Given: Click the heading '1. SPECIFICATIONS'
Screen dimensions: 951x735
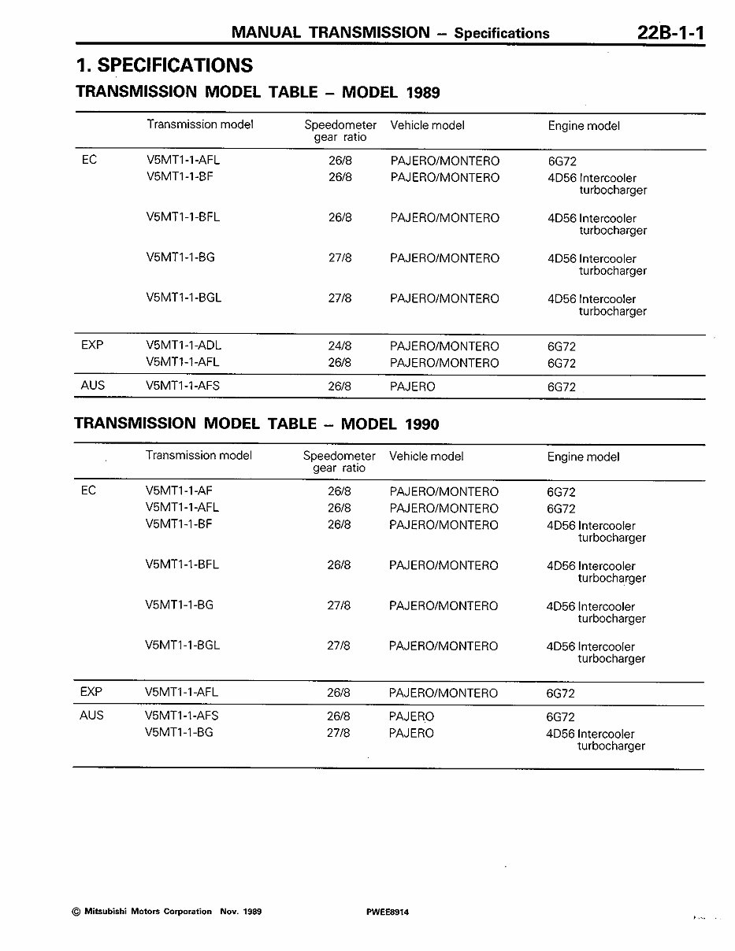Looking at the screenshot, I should pyautogui.click(x=164, y=65).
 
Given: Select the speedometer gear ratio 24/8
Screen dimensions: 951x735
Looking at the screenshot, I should pyautogui.click(x=340, y=346).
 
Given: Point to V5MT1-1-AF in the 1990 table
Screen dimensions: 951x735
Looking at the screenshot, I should pyautogui.click(x=179, y=491).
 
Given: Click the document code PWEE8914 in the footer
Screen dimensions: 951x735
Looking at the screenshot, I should pyautogui.click(x=388, y=912).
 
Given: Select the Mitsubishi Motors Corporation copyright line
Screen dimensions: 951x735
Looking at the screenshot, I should pyautogui.click(x=166, y=912).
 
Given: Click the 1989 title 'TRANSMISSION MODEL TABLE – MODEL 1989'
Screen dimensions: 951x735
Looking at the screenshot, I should pyautogui.click(x=257, y=92).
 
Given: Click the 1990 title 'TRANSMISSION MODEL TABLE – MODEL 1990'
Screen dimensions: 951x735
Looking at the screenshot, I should pyautogui.click(x=256, y=424).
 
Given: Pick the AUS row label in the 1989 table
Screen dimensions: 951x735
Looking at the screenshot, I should pyautogui.click(x=93, y=386).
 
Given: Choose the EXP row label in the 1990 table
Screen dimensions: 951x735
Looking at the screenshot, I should pyautogui.click(x=91, y=692).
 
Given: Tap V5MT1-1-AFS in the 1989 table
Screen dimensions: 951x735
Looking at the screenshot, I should pyautogui.click(x=183, y=387).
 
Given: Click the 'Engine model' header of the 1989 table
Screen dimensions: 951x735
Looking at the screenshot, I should pyautogui.click(x=584, y=126).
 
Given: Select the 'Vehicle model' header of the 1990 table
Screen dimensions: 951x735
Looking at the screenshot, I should pyautogui.click(x=426, y=457).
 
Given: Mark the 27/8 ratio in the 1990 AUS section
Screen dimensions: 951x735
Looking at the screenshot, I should pyautogui.click(x=339, y=733).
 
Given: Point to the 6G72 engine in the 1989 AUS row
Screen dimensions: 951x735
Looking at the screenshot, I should pyautogui.click(x=562, y=387).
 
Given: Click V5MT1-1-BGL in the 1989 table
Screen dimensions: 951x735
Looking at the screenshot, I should pyautogui.click(x=184, y=298).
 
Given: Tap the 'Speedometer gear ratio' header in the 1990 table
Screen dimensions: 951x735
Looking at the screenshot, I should pyautogui.click(x=340, y=462).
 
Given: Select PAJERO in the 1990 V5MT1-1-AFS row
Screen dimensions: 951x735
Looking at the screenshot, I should pyautogui.click(x=411, y=716).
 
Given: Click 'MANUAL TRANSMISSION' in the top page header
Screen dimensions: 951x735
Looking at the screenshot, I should pyautogui.click(x=331, y=32).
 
